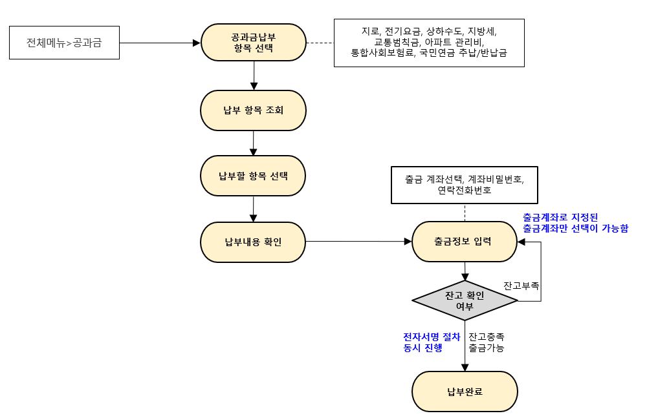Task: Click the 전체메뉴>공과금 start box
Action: pyautogui.click(x=64, y=43)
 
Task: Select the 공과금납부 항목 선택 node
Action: pyautogui.click(x=254, y=43)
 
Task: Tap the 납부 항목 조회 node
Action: pyautogui.click(x=254, y=110)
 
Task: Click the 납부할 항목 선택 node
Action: pyautogui.click(x=254, y=176)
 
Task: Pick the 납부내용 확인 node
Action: pyautogui.click(x=254, y=242)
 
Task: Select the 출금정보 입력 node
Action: pyautogui.click(x=465, y=242)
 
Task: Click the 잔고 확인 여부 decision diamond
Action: pyautogui.click(x=465, y=300)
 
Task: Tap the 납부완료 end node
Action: pyautogui.click(x=465, y=392)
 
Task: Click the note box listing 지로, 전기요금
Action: pyautogui.click(x=429, y=43)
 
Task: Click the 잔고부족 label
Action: pyautogui.click(x=521, y=285)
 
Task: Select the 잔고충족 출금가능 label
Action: pyautogui.click(x=487, y=342)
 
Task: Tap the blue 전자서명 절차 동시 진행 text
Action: pyautogui.click(x=432, y=342)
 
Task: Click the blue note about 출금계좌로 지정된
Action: pyautogui.click(x=575, y=223)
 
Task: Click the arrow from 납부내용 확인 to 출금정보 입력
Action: pyautogui.click(x=358, y=242)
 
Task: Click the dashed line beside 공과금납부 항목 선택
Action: pyautogui.click(x=320, y=43)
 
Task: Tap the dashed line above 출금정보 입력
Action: pyautogui.click(x=465, y=212)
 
